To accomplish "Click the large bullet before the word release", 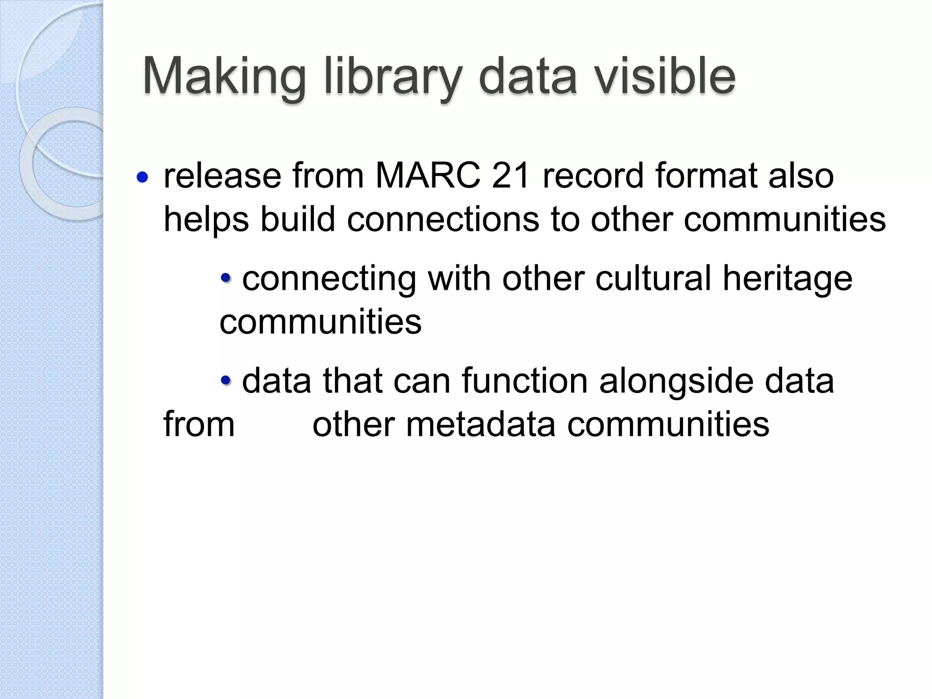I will [142, 177].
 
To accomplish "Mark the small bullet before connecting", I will [226, 277].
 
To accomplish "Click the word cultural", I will [653, 278].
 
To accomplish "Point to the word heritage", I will [787, 279].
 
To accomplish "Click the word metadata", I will [480, 424].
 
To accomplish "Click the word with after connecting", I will [459, 278].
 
